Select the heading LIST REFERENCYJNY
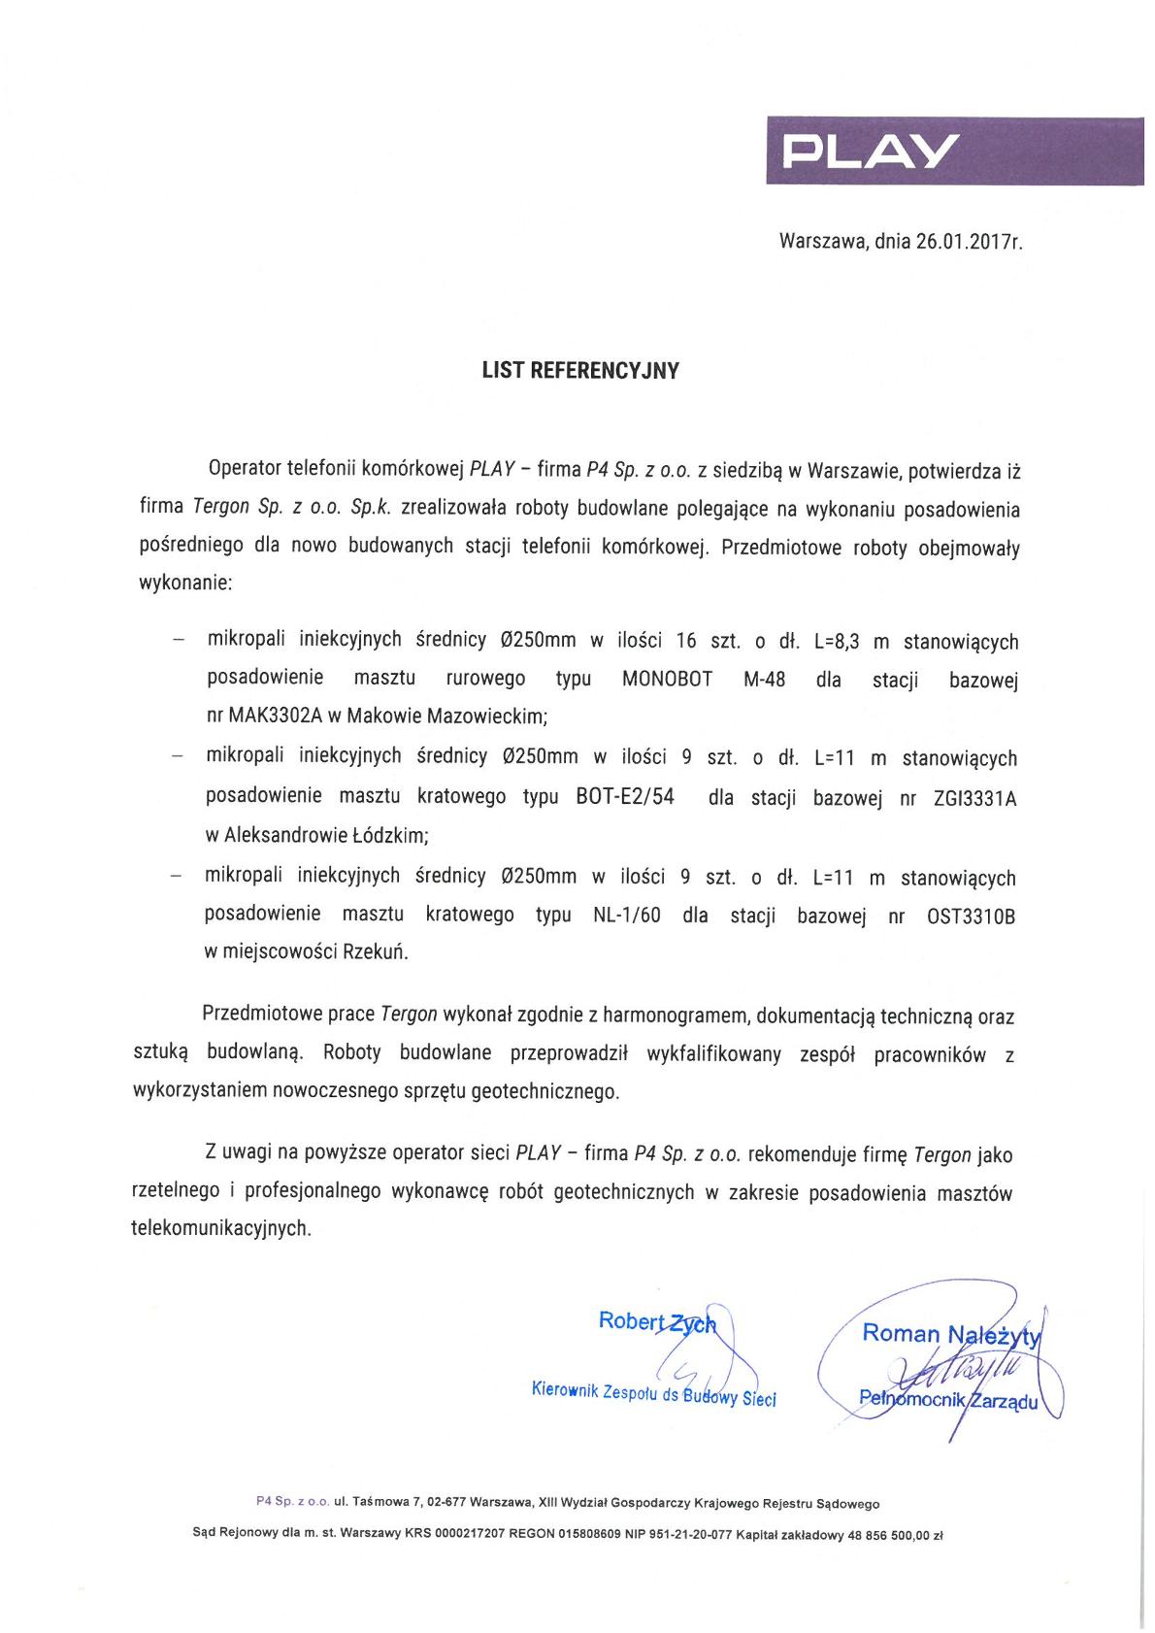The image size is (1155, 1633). coord(580,371)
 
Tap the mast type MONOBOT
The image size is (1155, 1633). coord(667,679)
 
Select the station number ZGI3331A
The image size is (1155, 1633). coord(973,799)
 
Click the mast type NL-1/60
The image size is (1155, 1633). coord(626,916)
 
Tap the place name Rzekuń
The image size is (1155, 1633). coord(375,951)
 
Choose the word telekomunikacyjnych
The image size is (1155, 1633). coord(220,1228)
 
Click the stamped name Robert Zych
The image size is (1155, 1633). coord(656,1321)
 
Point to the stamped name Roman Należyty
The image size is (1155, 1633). coord(950,1335)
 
